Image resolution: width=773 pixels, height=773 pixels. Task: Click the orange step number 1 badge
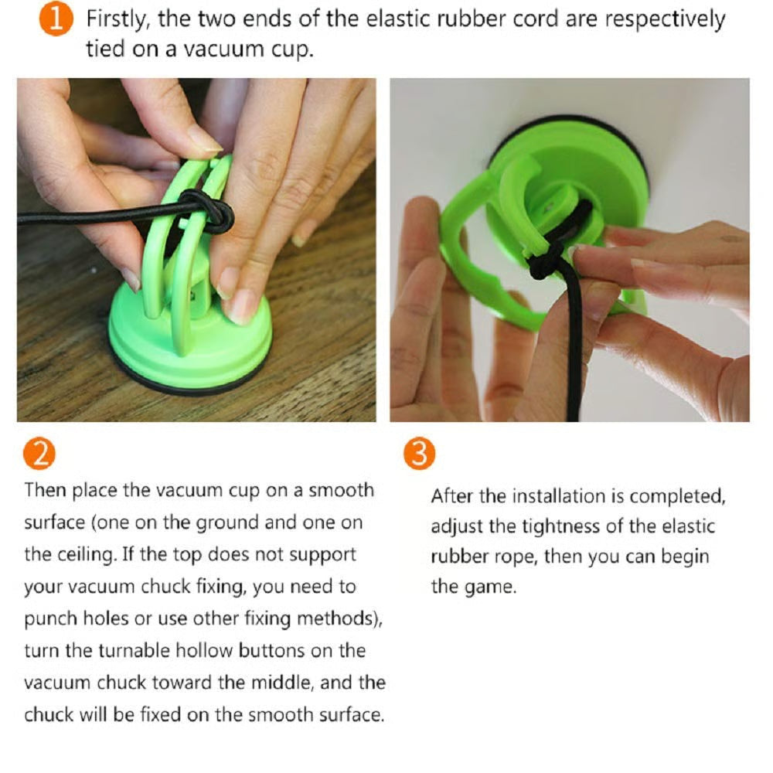pos(56,20)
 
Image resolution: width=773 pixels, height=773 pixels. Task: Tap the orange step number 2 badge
pos(39,454)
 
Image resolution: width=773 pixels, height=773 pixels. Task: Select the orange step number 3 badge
pos(420,454)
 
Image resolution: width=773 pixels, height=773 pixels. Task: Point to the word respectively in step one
pos(665,21)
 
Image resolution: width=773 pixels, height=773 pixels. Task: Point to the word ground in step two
pos(227,523)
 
